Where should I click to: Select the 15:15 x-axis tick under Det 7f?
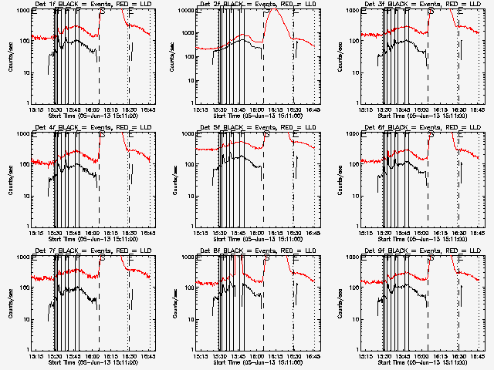[x=35, y=357]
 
